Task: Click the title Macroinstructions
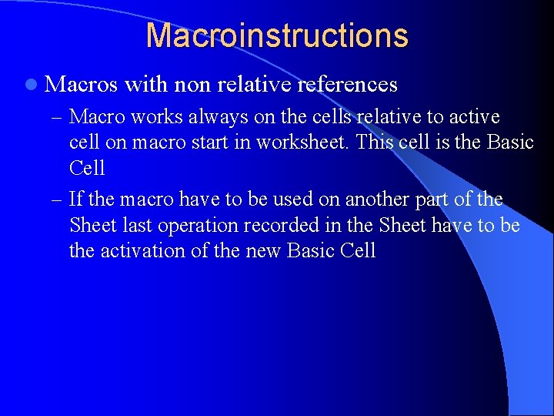277,35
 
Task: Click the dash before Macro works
57,117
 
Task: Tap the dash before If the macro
57,200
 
